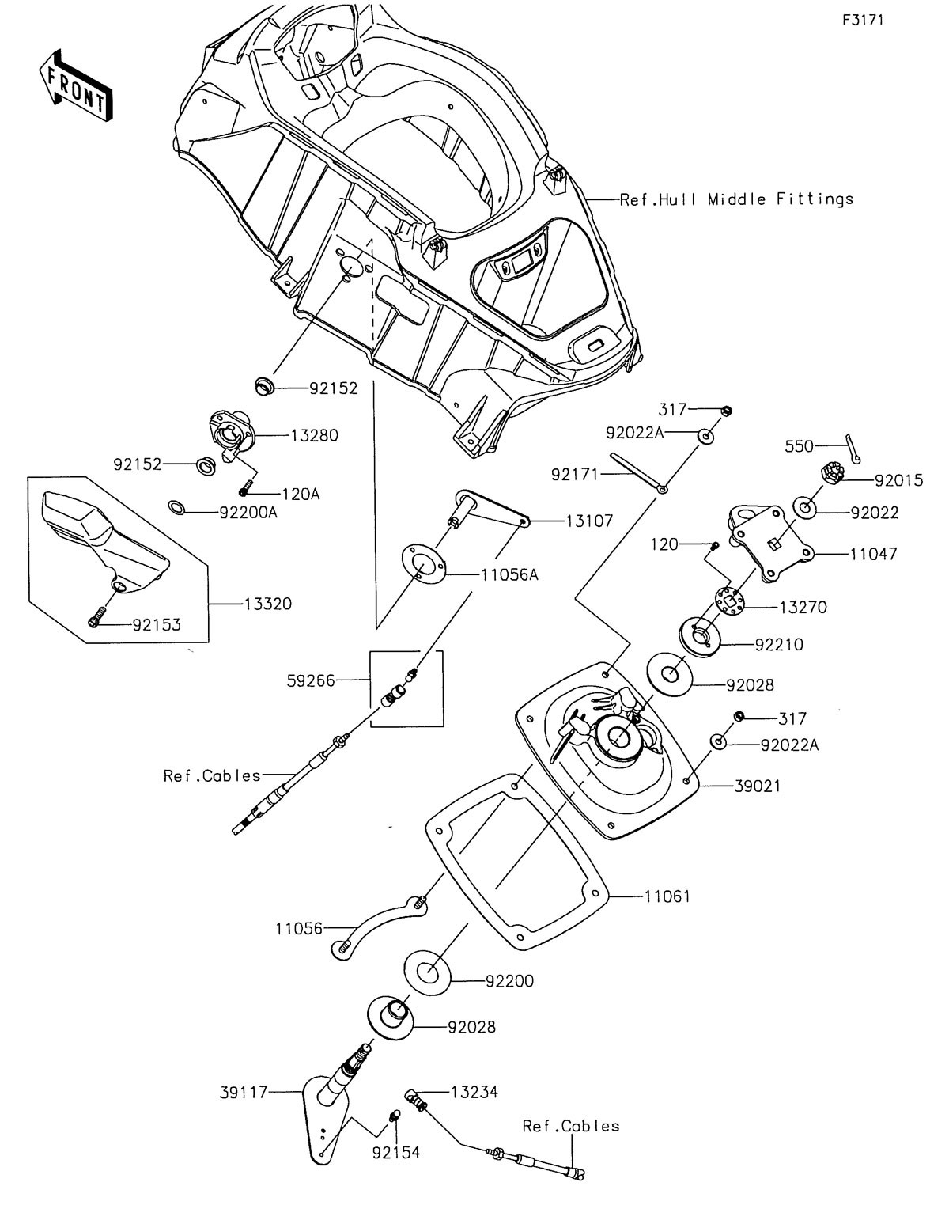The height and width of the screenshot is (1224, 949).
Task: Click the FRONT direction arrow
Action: (76, 86)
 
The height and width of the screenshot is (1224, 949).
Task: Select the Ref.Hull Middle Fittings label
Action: (736, 199)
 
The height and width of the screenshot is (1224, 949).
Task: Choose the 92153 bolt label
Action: (156, 624)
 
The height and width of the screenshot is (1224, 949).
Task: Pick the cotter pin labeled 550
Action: (853, 452)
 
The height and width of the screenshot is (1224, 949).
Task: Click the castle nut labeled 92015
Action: (830, 475)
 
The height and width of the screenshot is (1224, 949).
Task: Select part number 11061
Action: (667, 896)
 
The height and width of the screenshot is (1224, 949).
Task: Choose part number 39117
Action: (244, 1092)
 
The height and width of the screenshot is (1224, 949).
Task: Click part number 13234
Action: (474, 1093)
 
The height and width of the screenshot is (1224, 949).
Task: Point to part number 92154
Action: (396, 1152)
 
